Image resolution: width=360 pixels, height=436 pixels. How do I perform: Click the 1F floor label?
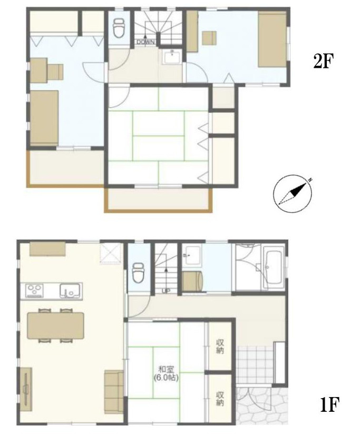(329, 404)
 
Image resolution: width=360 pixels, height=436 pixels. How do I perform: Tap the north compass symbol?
(293, 194)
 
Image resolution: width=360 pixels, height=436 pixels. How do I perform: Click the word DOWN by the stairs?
(145, 42)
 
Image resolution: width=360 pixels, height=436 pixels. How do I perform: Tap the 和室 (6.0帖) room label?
(166, 373)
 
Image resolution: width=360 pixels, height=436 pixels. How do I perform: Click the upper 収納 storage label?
(220, 346)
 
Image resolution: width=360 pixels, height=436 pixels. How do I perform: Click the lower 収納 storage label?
(220, 399)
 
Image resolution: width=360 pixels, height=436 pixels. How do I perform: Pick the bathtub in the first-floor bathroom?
(273, 268)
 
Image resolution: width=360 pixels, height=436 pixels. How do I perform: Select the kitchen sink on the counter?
(71, 291)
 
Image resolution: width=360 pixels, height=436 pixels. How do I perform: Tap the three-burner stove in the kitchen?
(34, 290)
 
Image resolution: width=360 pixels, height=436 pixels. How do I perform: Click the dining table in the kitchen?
(56, 325)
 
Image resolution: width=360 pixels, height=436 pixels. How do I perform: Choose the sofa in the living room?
(114, 392)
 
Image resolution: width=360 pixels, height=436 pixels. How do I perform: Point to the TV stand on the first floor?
(26, 389)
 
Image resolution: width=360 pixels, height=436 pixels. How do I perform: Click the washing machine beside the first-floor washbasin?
(192, 281)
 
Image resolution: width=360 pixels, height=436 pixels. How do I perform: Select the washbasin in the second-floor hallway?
(172, 57)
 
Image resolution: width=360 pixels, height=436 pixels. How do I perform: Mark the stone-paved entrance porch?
(262, 405)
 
